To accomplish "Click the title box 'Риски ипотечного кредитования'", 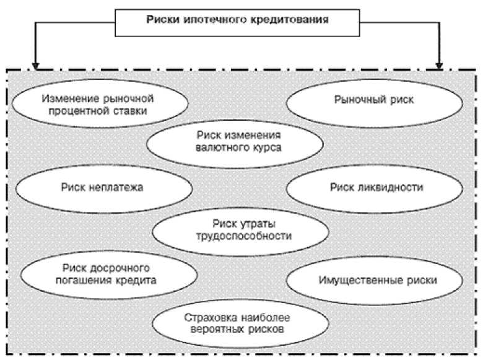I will click(237, 19).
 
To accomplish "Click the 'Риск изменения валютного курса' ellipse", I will click(234, 142).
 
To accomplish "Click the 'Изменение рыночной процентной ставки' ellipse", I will click(99, 105).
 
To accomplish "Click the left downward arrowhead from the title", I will click(36, 63).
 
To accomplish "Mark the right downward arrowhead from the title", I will click(439, 63).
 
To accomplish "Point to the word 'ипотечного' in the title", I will click(207, 19).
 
